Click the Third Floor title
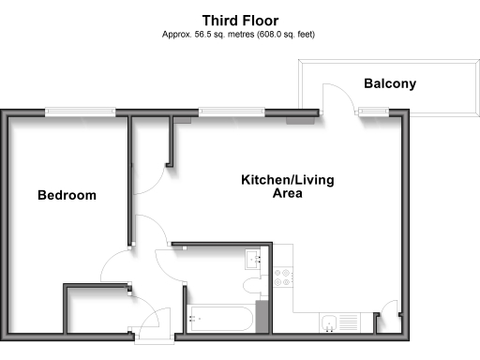239,19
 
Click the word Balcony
390,84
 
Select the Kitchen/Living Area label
287,187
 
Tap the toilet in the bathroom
251,285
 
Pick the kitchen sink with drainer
338,323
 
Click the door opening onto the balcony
336,97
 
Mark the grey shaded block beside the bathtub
262,316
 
